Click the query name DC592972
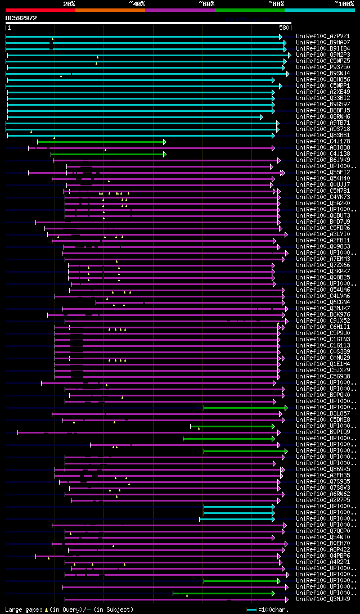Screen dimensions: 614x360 [x=21, y=18]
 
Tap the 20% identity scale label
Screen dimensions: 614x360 [x=69, y=3]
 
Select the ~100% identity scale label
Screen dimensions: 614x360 [x=344, y=3]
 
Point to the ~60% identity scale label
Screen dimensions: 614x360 [x=206, y=3]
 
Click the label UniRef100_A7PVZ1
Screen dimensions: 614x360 [x=323, y=37]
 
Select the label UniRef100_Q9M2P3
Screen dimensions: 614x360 [x=323, y=55]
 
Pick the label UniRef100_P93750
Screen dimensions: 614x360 [x=323, y=67]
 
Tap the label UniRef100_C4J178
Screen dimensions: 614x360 [x=323, y=142]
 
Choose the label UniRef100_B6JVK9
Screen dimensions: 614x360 [x=323, y=160]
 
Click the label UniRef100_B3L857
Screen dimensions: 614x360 [x=323, y=414]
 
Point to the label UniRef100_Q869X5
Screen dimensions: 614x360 [x=323, y=469]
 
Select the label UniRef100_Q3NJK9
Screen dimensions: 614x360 [x=323, y=599]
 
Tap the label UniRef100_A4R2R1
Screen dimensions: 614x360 [x=323, y=562]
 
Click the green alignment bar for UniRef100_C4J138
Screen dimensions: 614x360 [x=107, y=154]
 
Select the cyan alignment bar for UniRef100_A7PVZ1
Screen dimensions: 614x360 [x=141, y=37]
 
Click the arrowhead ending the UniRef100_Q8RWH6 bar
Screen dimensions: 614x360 [x=262, y=117]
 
